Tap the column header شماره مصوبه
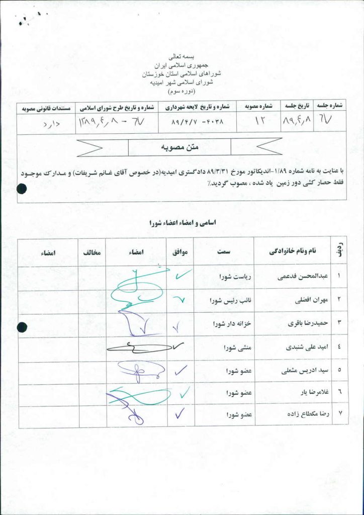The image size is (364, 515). coord(258,107)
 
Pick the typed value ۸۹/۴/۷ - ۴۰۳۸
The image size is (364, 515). coord(197,122)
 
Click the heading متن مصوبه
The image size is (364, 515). coord(180,147)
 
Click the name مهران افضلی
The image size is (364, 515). coord(305,300)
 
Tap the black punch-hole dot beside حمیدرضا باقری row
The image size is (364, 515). coord(22,327)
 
